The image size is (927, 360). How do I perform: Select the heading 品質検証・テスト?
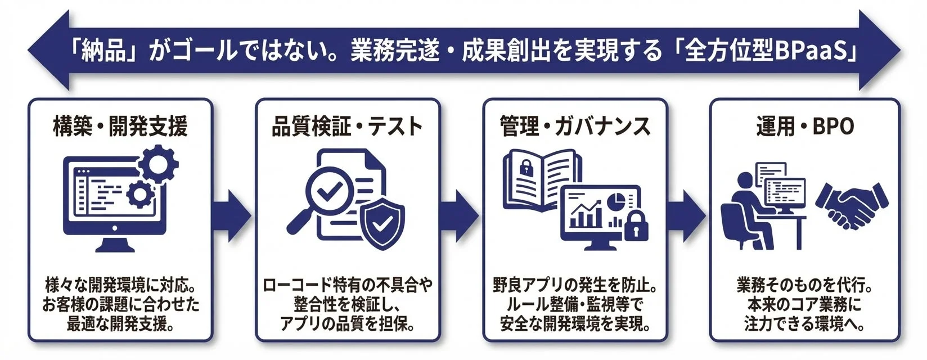point(347,126)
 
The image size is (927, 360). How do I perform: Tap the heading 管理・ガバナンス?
point(575,126)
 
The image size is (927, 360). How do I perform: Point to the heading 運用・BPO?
point(804,126)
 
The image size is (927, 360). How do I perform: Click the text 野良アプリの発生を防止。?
point(575,285)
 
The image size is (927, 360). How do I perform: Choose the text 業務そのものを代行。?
point(804,285)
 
